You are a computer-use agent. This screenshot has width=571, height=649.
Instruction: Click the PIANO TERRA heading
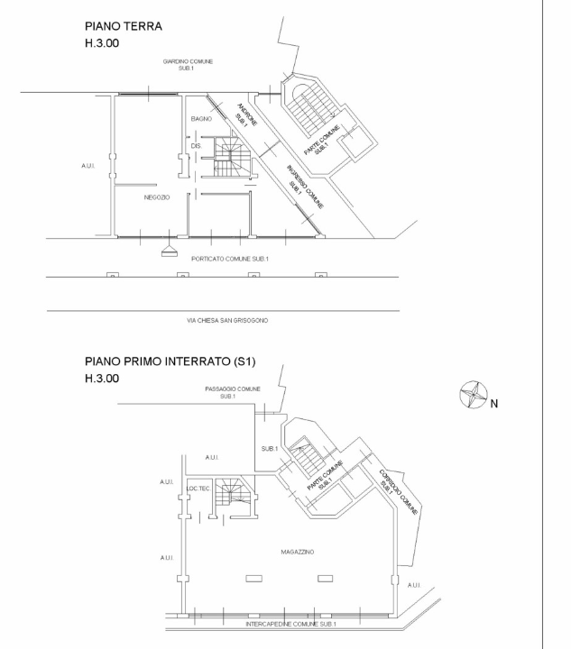tap(124, 26)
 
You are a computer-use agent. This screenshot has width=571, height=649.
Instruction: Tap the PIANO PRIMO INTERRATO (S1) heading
tap(170, 361)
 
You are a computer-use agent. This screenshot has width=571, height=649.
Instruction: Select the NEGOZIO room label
tap(157, 197)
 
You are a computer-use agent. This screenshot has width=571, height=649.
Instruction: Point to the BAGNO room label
tap(201, 119)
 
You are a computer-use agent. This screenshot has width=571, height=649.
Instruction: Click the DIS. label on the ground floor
tap(197, 146)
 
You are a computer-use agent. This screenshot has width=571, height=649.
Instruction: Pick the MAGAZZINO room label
tap(298, 552)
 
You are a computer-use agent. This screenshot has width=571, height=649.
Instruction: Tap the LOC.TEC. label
tap(198, 489)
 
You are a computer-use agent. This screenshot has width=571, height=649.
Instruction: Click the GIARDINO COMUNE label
tap(188, 61)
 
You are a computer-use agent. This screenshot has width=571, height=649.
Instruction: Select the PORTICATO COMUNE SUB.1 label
tap(230, 259)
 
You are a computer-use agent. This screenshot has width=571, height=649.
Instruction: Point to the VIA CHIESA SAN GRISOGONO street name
tap(227, 320)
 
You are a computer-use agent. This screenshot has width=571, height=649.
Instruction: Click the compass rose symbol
tap(474, 395)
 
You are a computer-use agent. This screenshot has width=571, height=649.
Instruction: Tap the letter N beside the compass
tap(494, 404)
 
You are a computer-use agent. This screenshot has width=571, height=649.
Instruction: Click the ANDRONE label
tap(247, 114)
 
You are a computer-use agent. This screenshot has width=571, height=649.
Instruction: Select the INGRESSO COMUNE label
tap(306, 187)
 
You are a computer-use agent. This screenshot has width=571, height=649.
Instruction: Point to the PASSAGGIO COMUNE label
tap(233, 389)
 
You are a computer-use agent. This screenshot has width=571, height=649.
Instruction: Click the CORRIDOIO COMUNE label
tap(399, 492)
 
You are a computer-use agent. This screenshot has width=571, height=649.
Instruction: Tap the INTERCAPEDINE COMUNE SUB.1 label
tap(290, 624)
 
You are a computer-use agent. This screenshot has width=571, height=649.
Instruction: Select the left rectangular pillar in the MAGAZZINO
tap(253, 579)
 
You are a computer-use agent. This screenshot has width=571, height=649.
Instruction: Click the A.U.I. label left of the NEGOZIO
tap(88, 166)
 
